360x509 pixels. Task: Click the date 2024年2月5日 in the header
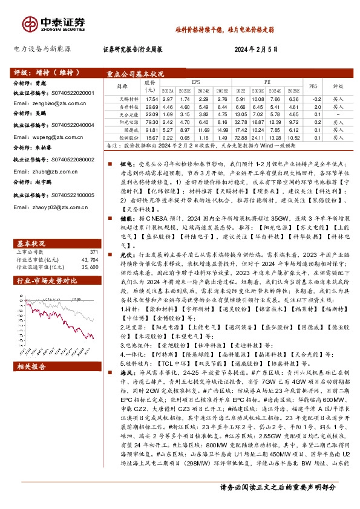coord(256,50)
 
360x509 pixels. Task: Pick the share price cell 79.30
coord(151,122)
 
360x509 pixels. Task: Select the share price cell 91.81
coord(151,130)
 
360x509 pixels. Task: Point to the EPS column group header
coord(195,80)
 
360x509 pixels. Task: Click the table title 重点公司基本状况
coord(131,73)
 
